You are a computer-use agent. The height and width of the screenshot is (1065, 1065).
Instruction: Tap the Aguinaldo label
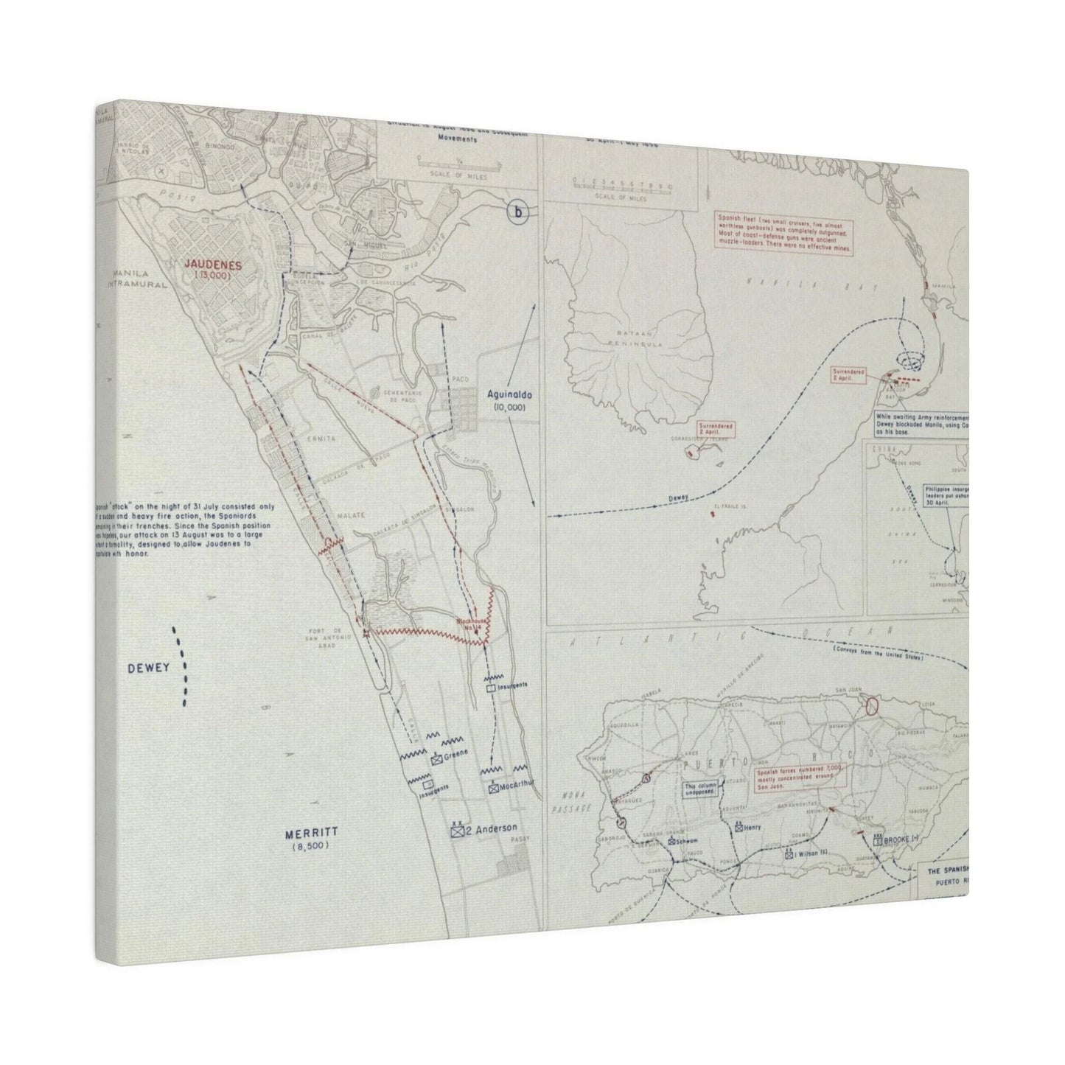506,395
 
